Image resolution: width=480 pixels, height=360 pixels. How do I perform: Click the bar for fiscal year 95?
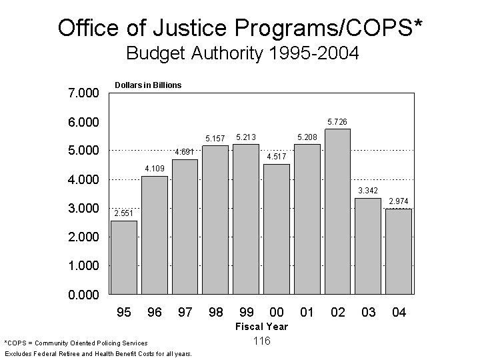123,257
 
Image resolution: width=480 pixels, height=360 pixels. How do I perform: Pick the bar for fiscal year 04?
399,251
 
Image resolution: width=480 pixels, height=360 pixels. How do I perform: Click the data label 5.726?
337,122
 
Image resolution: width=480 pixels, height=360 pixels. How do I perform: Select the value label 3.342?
368,191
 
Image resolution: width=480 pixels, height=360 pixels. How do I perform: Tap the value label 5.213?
246,137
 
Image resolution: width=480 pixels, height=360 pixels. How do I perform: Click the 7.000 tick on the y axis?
83,93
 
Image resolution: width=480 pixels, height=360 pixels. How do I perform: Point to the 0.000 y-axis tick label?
83,295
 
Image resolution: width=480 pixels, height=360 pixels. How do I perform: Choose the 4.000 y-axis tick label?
83,180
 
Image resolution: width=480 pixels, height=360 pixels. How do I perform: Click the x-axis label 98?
215,312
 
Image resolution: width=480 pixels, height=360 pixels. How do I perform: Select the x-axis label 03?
368,312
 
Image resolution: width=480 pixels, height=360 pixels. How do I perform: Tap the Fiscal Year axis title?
261,327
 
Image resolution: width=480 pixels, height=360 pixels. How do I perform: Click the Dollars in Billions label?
148,85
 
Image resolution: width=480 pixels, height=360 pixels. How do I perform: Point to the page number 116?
261,341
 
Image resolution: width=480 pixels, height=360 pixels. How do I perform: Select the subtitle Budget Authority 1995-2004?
242,53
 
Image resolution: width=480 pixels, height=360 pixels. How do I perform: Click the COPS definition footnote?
76,343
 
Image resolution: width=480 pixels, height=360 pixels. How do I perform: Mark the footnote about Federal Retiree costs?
98,353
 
